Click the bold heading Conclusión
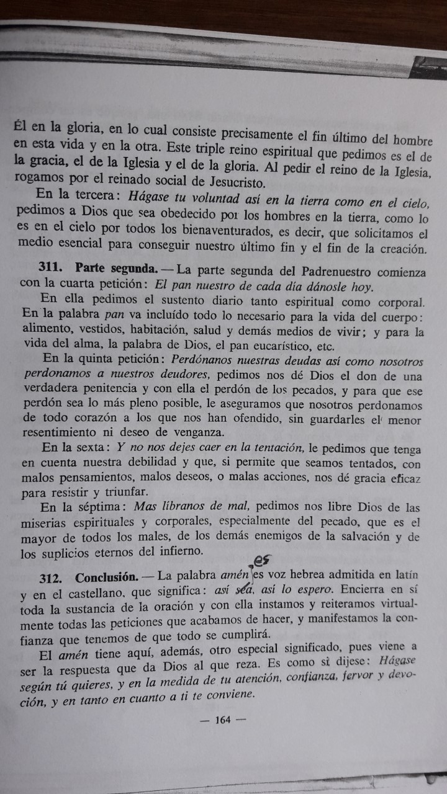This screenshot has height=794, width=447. pyautogui.click(x=106, y=578)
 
